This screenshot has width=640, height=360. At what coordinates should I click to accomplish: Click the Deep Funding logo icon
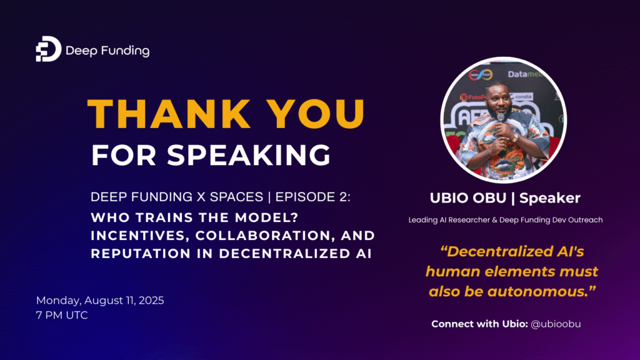[48, 49]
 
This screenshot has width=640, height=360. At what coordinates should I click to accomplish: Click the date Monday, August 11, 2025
[100, 301]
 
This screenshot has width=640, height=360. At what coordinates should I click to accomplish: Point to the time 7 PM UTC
[62, 316]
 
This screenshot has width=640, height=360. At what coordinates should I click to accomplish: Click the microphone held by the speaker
[500, 119]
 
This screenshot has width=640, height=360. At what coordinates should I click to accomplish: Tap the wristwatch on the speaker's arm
[516, 137]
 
